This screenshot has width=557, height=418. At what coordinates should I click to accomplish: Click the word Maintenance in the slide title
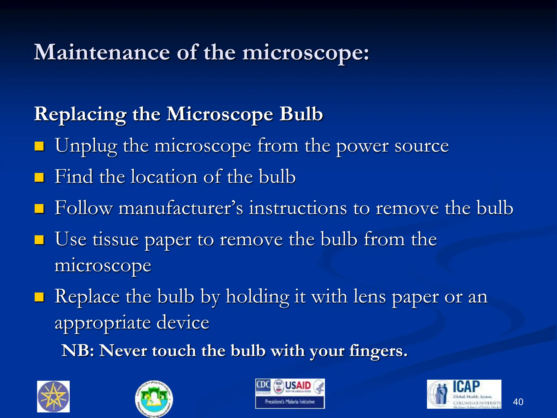(x=102, y=52)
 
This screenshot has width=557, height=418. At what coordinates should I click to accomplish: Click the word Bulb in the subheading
(x=301, y=114)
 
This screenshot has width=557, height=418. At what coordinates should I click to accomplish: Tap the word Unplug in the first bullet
(x=86, y=146)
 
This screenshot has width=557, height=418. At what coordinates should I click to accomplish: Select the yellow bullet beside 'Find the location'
(x=39, y=177)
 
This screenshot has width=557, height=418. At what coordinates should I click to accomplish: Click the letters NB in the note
(x=78, y=351)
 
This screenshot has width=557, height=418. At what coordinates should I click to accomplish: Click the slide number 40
(x=518, y=402)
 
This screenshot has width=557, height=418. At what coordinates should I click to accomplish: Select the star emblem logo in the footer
(x=53, y=397)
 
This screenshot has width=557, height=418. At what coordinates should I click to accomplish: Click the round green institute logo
(x=154, y=399)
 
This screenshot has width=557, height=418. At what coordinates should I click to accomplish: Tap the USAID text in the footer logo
(x=298, y=386)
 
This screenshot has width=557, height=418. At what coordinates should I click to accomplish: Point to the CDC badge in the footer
(x=263, y=386)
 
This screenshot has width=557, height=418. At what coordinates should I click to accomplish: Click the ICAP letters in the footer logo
(x=466, y=387)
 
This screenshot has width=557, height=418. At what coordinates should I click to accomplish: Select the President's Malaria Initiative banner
(x=290, y=402)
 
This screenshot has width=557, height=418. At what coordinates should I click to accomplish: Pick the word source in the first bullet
(x=421, y=146)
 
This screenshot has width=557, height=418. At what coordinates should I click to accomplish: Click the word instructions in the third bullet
(x=298, y=208)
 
